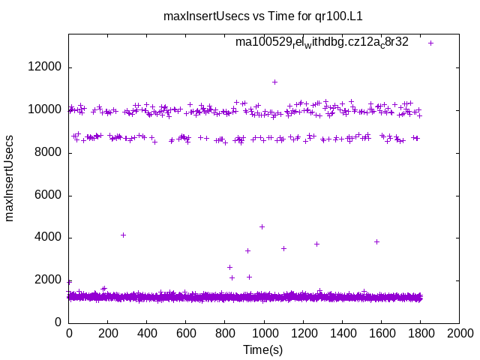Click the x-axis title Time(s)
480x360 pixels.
[x=262, y=349]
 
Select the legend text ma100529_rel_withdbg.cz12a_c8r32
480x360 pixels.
[x=322, y=42]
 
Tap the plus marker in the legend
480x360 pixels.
[x=430, y=43]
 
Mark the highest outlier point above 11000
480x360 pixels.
[x=274, y=82]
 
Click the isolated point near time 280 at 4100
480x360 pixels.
[x=123, y=235]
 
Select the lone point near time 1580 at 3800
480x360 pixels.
[x=376, y=241]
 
